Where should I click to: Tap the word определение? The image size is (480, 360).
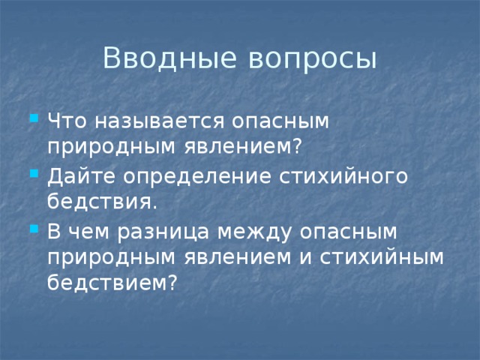[193, 177]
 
